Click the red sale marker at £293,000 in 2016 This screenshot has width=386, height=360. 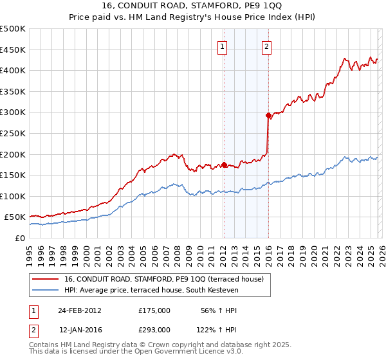(268, 116)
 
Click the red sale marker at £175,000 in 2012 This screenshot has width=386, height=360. (224, 165)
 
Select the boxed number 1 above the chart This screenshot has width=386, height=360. (222, 46)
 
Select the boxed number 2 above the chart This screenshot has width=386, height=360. (266, 46)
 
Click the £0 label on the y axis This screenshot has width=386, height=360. (20, 238)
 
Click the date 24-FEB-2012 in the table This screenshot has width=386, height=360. (79, 310)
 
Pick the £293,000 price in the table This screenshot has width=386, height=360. (154, 329)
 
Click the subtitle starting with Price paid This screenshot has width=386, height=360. (192, 17)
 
